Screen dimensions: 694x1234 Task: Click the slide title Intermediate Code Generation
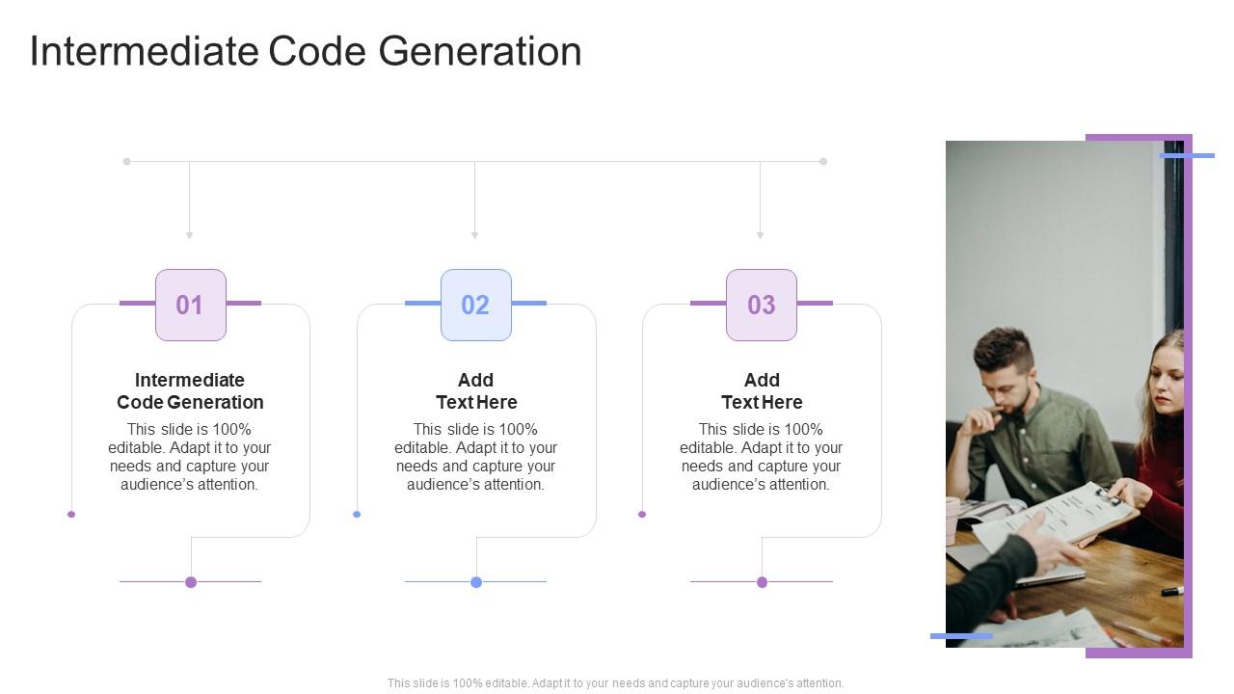pos(306,51)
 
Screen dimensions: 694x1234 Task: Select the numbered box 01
pos(191,305)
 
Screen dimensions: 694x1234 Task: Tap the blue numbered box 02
pos(476,305)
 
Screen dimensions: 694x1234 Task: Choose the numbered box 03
pos(762,305)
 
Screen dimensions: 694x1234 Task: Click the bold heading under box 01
pos(191,391)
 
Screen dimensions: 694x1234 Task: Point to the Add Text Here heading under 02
pos(476,391)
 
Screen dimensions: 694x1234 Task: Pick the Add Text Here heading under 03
pos(762,391)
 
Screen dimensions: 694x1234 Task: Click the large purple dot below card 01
pos(191,582)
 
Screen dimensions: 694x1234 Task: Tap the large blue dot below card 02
pos(476,582)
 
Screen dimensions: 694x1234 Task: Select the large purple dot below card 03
pos(762,582)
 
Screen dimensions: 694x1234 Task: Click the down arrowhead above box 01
pos(190,234)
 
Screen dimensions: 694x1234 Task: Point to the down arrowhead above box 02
pos(474,234)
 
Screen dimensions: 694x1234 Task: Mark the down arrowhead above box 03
pos(760,234)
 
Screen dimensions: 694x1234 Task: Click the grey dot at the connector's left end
pos(126,162)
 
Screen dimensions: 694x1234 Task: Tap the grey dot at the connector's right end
pos(823,162)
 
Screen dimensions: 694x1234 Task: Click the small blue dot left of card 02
pos(357,515)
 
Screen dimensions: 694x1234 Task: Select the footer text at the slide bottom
pos(616,683)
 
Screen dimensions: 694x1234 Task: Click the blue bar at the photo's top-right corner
pos(1187,155)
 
